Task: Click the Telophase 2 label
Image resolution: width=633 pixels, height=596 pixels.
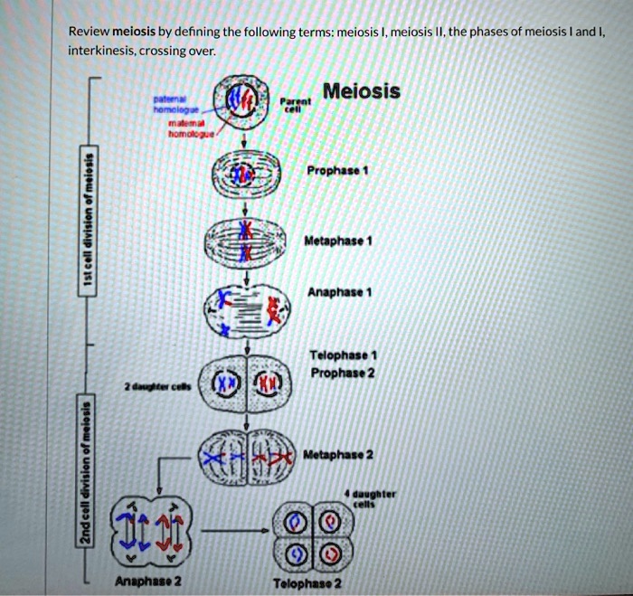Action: click(x=307, y=583)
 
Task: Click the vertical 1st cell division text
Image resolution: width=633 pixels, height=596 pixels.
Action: click(x=86, y=219)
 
